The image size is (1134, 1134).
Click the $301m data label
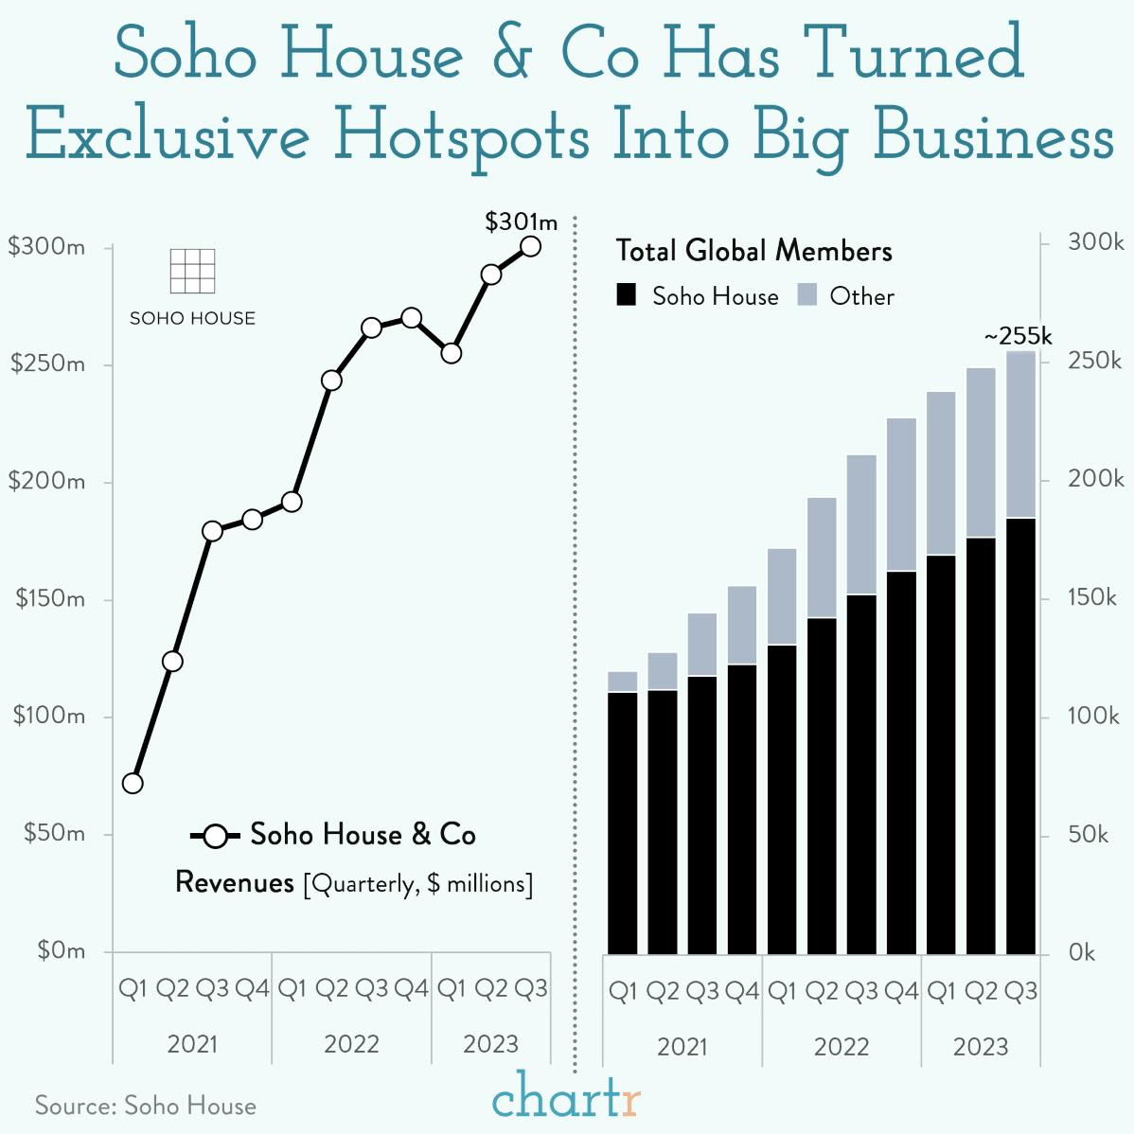(x=521, y=222)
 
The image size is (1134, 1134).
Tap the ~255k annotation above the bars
(x=1018, y=336)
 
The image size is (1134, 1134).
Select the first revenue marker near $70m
(x=133, y=783)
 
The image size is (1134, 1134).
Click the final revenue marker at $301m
(x=531, y=246)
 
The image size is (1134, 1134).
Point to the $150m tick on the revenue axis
(x=49, y=599)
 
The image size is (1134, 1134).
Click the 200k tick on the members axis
(x=1095, y=479)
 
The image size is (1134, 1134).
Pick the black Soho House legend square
(x=627, y=296)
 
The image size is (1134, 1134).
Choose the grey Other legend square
(x=807, y=296)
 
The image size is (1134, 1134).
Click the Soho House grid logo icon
(x=192, y=272)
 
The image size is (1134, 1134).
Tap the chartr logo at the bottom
(x=566, y=1098)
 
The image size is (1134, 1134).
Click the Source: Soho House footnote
(x=146, y=1106)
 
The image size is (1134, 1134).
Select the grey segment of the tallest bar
(x=1020, y=434)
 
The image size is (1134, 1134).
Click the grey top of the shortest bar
(x=622, y=682)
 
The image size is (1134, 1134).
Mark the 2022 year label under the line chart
(x=351, y=1044)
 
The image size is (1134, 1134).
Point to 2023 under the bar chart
(x=981, y=1047)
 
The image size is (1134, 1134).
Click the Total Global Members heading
(x=754, y=251)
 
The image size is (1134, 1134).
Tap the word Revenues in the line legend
(x=235, y=883)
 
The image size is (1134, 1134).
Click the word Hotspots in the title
(x=462, y=134)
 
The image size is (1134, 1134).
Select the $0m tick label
(x=62, y=950)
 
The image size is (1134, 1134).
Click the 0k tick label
(x=1081, y=952)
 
